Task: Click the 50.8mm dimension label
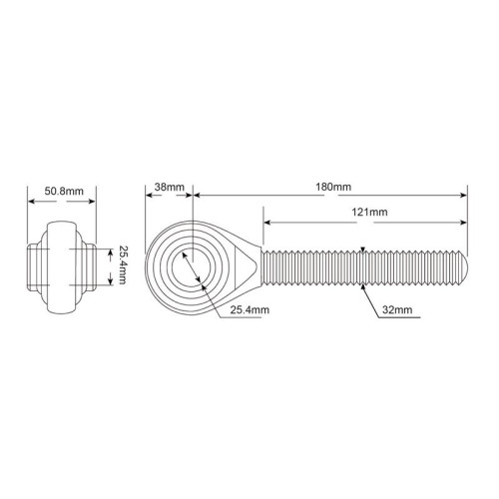point(64,192)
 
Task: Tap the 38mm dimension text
point(169,187)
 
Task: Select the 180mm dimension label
point(333,187)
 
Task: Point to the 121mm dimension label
point(369,212)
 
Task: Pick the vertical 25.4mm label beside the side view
point(122,265)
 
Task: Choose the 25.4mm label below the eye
point(249,309)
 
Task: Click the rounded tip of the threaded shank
point(464,267)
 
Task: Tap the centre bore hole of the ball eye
point(192,266)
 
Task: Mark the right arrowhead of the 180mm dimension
point(464,195)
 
